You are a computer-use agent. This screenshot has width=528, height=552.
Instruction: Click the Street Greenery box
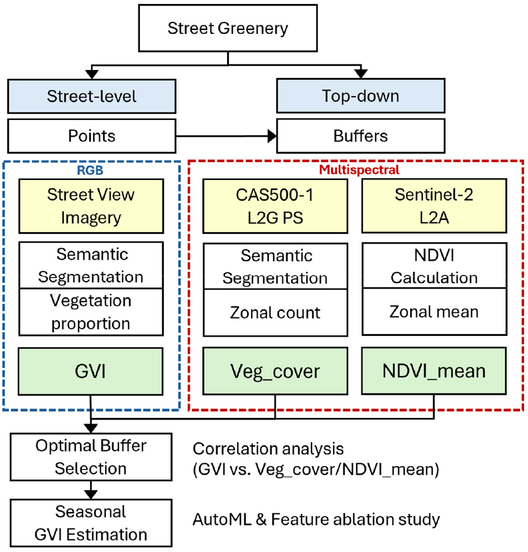[228, 29]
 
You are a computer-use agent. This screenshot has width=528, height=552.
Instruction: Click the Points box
[91, 136]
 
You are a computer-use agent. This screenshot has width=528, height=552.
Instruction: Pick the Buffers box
[360, 136]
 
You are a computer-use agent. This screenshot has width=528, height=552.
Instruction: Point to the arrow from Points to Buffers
[226, 136]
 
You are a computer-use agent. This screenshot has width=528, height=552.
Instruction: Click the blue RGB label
[91, 169]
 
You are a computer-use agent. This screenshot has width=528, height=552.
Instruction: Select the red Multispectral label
[360, 169]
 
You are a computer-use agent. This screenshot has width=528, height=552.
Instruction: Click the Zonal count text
[276, 311]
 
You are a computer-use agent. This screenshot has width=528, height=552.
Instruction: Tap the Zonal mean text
[434, 311]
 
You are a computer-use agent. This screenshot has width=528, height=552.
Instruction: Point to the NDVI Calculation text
[434, 265]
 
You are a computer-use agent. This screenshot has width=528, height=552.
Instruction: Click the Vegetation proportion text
[91, 311]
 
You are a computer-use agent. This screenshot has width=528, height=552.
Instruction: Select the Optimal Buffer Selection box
[91, 457]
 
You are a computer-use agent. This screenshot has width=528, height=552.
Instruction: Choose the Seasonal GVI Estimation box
[91, 523]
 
